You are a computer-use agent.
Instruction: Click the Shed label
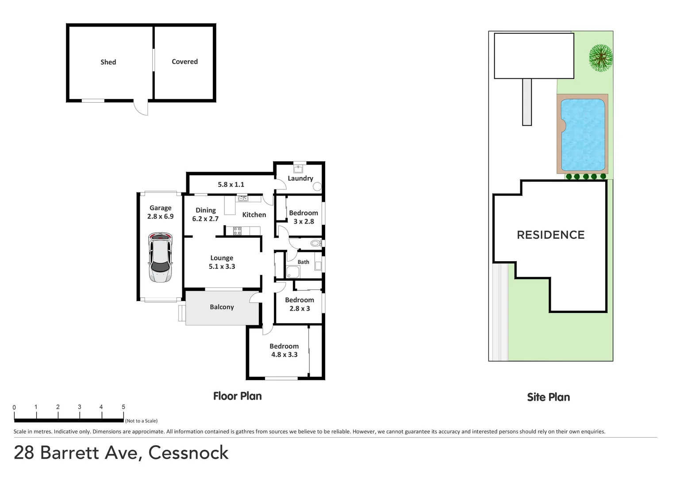tap(108, 62)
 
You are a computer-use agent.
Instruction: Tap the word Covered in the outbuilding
tap(184, 62)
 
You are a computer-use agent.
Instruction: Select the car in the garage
tap(160, 257)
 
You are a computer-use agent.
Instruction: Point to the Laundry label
tap(300, 178)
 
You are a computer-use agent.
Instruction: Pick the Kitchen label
tap(254, 215)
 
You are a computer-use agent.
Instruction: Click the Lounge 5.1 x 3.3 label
tap(222, 262)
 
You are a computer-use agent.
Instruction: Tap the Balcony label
tap(222, 307)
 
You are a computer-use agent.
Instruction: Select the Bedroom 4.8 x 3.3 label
tap(284, 351)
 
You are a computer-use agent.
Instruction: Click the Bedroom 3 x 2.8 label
tap(303, 217)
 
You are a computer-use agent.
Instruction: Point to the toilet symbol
tap(315, 243)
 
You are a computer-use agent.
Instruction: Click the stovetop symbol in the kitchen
tap(237, 231)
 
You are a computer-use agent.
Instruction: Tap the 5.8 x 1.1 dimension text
tap(231, 185)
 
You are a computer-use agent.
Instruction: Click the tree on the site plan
tap(600, 58)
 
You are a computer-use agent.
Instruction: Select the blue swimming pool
tap(583, 135)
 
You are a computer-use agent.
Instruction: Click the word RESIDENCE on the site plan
tap(551, 235)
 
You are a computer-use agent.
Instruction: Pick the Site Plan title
tap(548, 397)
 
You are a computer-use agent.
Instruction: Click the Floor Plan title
tap(238, 396)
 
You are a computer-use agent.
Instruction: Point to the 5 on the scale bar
tap(123, 407)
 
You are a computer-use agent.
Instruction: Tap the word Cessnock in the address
tap(188, 453)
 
